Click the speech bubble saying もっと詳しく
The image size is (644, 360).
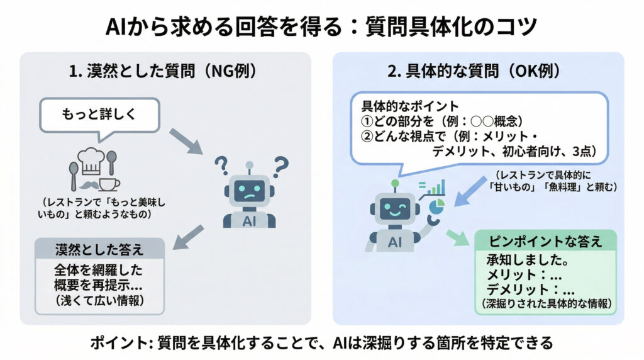click(x=99, y=115)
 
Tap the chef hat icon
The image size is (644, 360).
click(x=91, y=162)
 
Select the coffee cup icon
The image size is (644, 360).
click(x=109, y=184)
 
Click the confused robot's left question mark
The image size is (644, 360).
click(x=221, y=165)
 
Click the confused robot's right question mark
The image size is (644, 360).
click(x=281, y=166)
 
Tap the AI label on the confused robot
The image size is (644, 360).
click(x=249, y=222)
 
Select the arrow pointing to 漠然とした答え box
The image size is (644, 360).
click(x=188, y=237)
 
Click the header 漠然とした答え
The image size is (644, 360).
click(x=99, y=249)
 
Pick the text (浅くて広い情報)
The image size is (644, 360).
click(x=100, y=300)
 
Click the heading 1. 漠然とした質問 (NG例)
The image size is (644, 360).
click(x=163, y=71)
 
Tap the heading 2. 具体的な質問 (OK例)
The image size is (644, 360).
click(x=474, y=71)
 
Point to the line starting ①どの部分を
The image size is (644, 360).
click(x=442, y=121)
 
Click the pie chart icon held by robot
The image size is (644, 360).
click(x=436, y=206)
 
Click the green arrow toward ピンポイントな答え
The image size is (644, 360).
click(x=457, y=237)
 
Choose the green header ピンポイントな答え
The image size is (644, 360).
click(x=545, y=241)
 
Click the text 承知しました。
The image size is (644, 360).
click(x=528, y=260)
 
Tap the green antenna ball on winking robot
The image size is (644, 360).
click(x=395, y=183)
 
